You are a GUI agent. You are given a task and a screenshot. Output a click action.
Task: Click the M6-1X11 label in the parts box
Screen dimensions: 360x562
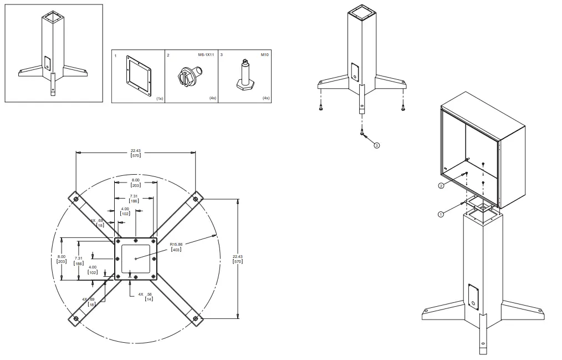pos(206,55)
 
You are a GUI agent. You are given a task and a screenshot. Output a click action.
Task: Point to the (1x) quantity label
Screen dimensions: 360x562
pos(160,98)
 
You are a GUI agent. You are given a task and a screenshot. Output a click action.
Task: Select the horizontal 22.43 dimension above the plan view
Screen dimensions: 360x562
pos(135,154)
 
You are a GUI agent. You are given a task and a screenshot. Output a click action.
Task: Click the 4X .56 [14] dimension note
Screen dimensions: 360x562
pos(145,297)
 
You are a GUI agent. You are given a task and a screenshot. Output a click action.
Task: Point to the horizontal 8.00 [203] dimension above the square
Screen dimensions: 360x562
pos(135,182)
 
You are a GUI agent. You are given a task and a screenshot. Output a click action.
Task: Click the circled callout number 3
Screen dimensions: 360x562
pos(377,146)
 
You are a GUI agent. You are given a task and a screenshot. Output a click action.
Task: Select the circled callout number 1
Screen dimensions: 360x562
pos(441,214)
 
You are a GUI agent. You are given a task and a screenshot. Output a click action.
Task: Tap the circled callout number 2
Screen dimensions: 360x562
pos(441,186)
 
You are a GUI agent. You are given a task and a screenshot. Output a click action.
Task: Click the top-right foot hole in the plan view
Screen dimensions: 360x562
pos(195,198)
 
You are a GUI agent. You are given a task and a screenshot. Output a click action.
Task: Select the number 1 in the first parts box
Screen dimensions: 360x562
pos(115,56)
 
